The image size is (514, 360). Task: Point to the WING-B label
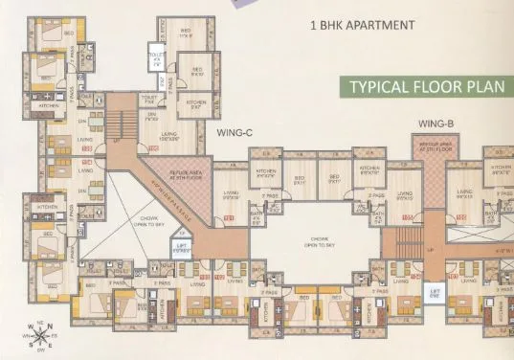[x=436, y=124]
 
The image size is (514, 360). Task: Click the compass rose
[x=35, y=335]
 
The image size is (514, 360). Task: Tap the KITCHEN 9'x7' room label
[x=196, y=102]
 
